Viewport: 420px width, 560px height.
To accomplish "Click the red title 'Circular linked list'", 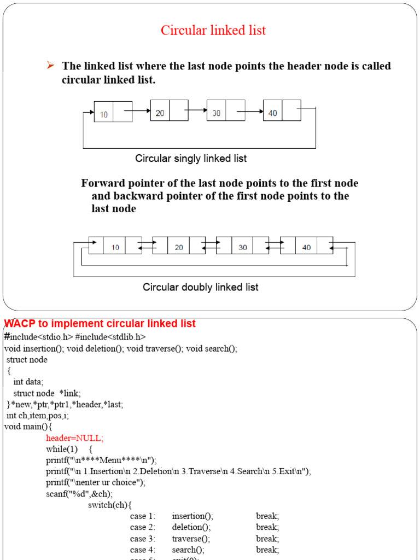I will pos(213,31).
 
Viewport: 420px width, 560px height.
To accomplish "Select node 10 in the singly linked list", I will pos(113,112).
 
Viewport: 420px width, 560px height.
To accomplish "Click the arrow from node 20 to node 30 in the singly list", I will pos(197,111).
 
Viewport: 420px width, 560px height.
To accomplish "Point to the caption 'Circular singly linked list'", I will pos(191,159).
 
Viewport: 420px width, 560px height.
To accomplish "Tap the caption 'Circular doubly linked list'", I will pos(201,287).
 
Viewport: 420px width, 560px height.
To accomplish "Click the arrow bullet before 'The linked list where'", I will pos(50,66).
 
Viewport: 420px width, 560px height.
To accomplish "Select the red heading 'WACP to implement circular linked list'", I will pos(100,324).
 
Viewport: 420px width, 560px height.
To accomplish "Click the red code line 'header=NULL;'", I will pos(74,438).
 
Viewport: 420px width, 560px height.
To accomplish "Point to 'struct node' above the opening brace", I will pos(27,360).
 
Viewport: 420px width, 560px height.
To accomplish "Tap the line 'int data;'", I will pos(28,382).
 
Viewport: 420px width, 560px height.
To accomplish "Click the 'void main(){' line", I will pos(27,427).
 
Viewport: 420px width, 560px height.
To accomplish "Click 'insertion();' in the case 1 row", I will pos(192,516).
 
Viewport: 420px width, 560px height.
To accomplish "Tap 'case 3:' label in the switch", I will pos(143,539).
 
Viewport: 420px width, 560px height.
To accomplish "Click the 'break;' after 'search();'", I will pos(267,550).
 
